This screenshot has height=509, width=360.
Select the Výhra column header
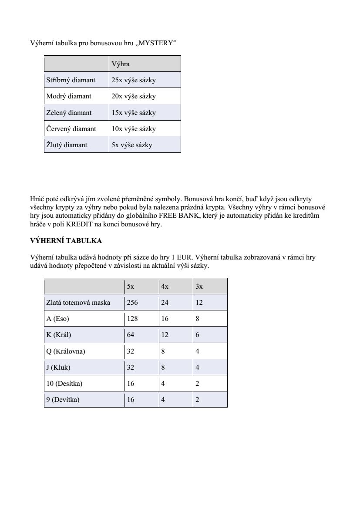tap(121, 64)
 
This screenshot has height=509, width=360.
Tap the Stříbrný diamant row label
tap(71, 80)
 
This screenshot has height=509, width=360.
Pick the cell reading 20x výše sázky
tap(133, 96)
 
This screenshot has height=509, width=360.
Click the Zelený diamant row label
tap(69, 113)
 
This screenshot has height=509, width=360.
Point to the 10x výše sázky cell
tap(133, 129)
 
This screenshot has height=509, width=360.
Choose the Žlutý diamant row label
tap(67, 145)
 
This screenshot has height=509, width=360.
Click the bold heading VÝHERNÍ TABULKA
tap(66, 240)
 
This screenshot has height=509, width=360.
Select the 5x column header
tap(131, 287)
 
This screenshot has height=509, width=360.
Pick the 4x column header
tap(165, 287)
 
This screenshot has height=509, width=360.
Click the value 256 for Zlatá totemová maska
tap(132, 303)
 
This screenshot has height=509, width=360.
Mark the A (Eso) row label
tap(57, 319)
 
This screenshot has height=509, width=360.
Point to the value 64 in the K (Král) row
tap(131, 335)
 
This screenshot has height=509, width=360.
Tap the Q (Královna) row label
tap(65, 351)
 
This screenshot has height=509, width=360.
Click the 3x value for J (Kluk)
tap(198, 367)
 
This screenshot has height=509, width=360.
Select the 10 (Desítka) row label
tap(64, 384)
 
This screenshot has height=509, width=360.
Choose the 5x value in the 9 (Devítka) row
tap(131, 400)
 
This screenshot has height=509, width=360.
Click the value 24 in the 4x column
tap(165, 303)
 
